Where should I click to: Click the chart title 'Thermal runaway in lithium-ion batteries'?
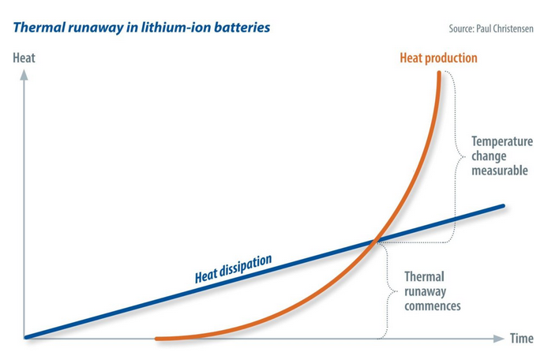141,28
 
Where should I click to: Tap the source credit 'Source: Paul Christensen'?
490,29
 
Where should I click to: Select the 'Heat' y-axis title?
24,58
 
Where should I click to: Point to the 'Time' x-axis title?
520,339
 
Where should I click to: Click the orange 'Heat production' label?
438,58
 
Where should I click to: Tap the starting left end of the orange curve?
158,339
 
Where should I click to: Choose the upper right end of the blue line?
502,207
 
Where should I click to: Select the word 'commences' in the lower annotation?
432,306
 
